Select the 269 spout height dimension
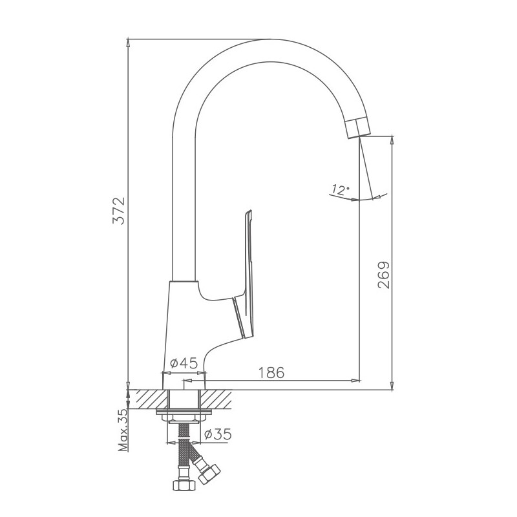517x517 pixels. click(x=383, y=275)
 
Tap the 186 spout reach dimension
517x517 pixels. click(x=271, y=373)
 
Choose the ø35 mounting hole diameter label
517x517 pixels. click(x=218, y=434)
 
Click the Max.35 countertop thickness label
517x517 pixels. click(x=123, y=430)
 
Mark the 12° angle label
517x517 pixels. click(x=339, y=190)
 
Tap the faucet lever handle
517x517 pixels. click(x=247, y=271)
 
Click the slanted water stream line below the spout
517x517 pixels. click(x=367, y=168)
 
